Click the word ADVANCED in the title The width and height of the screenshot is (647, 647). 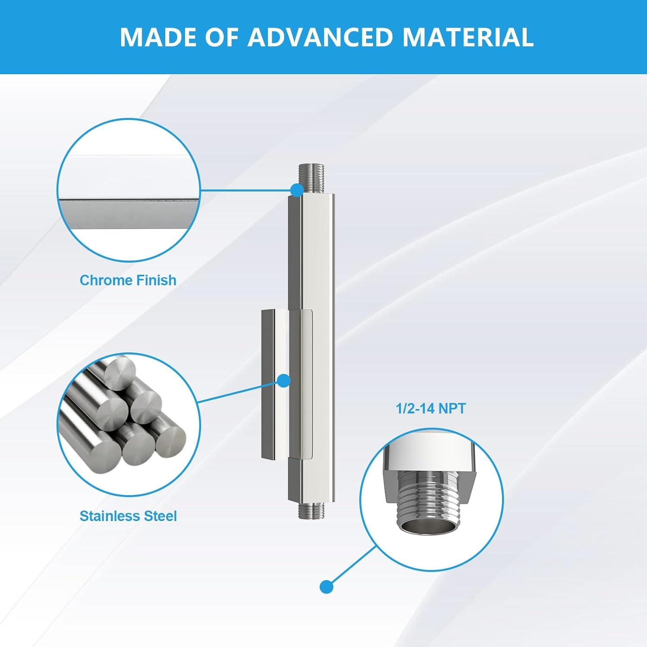(x=320, y=37)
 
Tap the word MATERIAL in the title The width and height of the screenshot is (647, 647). (x=468, y=37)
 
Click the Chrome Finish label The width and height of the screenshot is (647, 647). (x=128, y=280)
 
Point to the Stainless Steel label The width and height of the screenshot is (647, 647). (x=128, y=516)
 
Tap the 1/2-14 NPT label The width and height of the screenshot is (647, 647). (x=431, y=408)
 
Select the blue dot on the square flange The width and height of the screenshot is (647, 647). (x=283, y=380)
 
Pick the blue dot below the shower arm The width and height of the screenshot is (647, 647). (x=327, y=587)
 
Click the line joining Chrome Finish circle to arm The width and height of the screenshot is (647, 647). (x=246, y=189)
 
